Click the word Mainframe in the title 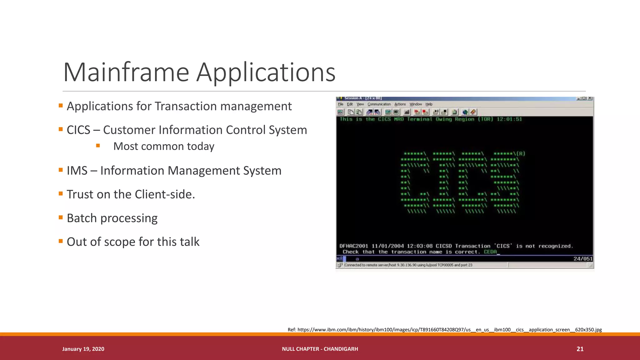(126, 72)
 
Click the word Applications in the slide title (266, 72)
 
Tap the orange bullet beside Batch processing (61, 217)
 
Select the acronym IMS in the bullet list (77, 171)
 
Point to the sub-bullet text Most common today (164, 146)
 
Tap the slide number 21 (580, 349)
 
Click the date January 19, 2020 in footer (83, 349)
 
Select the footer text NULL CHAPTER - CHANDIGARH (320, 349)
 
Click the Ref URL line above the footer (444, 329)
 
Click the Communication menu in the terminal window (379, 104)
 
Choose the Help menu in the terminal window (429, 104)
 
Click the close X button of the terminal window (590, 98)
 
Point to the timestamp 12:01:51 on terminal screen (509, 119)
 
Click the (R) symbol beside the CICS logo (521, 153)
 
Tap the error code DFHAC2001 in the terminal (354, 246)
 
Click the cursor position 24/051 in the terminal (582, 258)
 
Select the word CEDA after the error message (490, 252)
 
